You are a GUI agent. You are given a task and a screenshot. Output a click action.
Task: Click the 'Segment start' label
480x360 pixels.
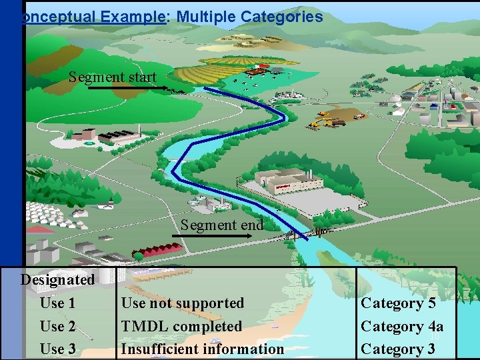(112, 77)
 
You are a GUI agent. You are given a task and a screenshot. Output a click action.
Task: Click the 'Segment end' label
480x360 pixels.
(222, 225)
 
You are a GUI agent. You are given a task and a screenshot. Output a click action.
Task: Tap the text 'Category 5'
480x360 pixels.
(398, 303)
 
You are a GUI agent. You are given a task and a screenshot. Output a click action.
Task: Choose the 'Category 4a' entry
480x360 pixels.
(402, 326)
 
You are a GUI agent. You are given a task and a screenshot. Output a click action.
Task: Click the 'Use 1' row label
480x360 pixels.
(57, 303)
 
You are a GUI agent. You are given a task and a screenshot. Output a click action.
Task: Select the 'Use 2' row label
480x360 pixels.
(57, 326)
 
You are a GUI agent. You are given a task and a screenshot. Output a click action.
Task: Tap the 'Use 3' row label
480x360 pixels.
(57, 349)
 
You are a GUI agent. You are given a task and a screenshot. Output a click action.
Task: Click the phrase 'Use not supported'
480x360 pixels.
(183, 303)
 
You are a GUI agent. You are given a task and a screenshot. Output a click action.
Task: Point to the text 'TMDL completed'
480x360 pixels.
(181, 326)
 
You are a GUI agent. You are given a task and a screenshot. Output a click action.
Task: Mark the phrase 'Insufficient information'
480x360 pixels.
(202, 349)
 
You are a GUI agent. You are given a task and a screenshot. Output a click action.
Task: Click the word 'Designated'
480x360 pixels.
(57, 279)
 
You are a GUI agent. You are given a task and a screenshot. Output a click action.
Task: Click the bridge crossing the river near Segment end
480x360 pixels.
(304, 233)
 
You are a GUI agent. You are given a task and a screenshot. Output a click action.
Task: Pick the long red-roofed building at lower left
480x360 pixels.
(158, 250)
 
